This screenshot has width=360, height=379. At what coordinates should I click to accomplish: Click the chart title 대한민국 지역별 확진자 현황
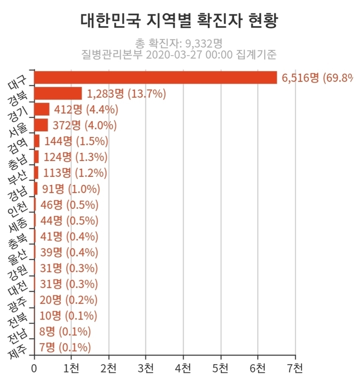[x=179, y=20]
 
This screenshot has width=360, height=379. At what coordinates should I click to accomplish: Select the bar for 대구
[x=155, y=77]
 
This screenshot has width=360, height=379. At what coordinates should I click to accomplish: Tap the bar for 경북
[x=58, y=93]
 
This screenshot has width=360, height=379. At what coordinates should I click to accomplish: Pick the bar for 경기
[x=42, y=109]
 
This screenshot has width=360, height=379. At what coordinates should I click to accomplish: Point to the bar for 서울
[x=41, y=125]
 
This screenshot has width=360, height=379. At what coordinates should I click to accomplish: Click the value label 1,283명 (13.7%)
[x=127, y=93]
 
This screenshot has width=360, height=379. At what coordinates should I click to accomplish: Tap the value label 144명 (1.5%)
[x=76, y=141]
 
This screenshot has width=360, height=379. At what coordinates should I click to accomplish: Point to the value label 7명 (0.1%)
[x=65, y=347]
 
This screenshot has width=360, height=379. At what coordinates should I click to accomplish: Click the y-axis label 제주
[x=17, y=350]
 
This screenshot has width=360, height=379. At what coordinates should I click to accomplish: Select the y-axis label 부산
[x=18, y=175]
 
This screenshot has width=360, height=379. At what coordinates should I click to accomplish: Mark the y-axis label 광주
[x=18, y=303]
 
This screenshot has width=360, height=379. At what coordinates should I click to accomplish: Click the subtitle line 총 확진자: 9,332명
[x=179, y=43]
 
